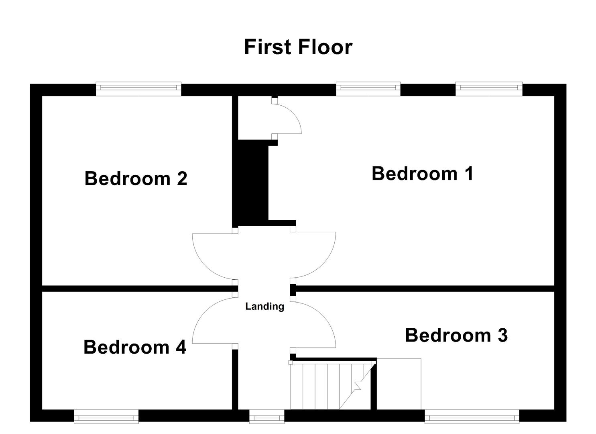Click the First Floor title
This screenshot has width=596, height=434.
298,47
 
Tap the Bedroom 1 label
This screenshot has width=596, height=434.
422,174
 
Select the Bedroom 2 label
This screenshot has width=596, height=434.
136,178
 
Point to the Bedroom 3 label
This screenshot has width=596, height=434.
456,335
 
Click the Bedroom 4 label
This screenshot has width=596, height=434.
134,347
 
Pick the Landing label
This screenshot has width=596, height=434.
264,307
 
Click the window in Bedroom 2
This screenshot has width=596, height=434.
138,89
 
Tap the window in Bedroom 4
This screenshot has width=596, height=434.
106,416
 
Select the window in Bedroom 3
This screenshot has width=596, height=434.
472,416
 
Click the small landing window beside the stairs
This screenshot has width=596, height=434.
266,416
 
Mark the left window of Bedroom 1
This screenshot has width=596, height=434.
368,89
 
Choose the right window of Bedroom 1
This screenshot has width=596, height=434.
489,89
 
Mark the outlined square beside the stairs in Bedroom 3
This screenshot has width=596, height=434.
399,384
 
